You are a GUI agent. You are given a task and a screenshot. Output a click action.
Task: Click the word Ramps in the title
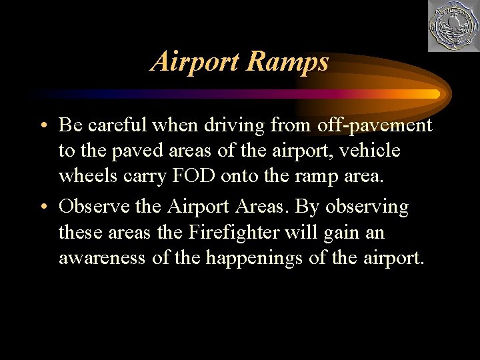point(287,62)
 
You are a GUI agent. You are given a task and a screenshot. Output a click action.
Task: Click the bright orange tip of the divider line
point(433,93)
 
